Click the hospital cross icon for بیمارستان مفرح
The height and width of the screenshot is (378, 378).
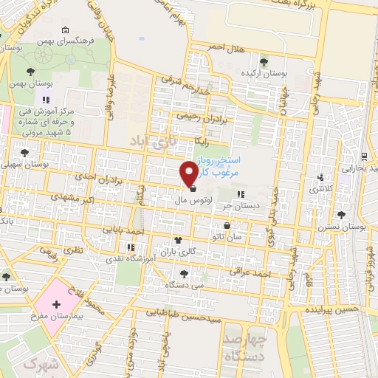click(57, 304)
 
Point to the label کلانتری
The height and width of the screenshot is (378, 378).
click(319, 190)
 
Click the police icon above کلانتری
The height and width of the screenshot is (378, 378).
click(320, 178)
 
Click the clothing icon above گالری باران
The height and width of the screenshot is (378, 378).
click(177, 240)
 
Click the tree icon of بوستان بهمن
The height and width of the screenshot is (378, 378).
click(30, 72)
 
